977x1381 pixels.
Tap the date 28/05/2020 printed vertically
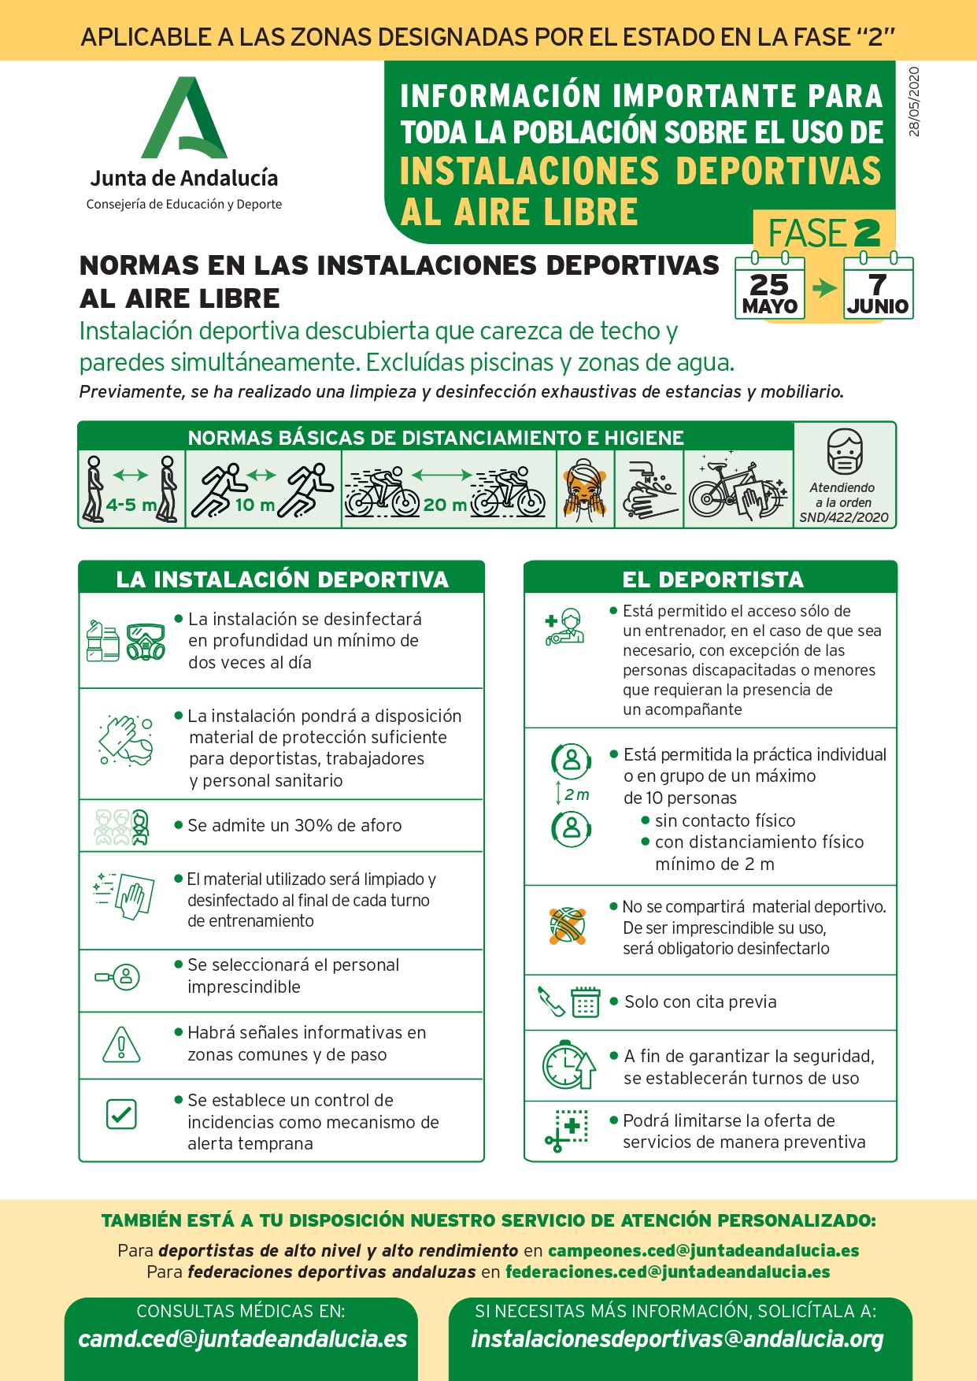[914, 102]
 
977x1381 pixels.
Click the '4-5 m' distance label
[131, 505]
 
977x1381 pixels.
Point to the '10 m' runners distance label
[255, 505]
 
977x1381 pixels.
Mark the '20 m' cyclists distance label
[445, 505]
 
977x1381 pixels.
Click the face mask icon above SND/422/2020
[845, 452]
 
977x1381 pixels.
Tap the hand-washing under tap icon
[650, 488]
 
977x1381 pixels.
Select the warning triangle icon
[121, 1045]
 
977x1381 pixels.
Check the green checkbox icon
[121, 1114]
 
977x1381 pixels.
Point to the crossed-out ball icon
[568, 925]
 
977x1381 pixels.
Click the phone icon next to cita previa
[551, 1001]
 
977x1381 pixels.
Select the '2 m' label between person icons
[577, 794]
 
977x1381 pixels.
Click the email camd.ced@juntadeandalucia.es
[242, 1339]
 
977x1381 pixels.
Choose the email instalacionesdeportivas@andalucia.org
[677, 1339]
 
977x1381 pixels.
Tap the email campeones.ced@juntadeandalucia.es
[704, 1250]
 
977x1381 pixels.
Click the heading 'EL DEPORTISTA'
[712, 579]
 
